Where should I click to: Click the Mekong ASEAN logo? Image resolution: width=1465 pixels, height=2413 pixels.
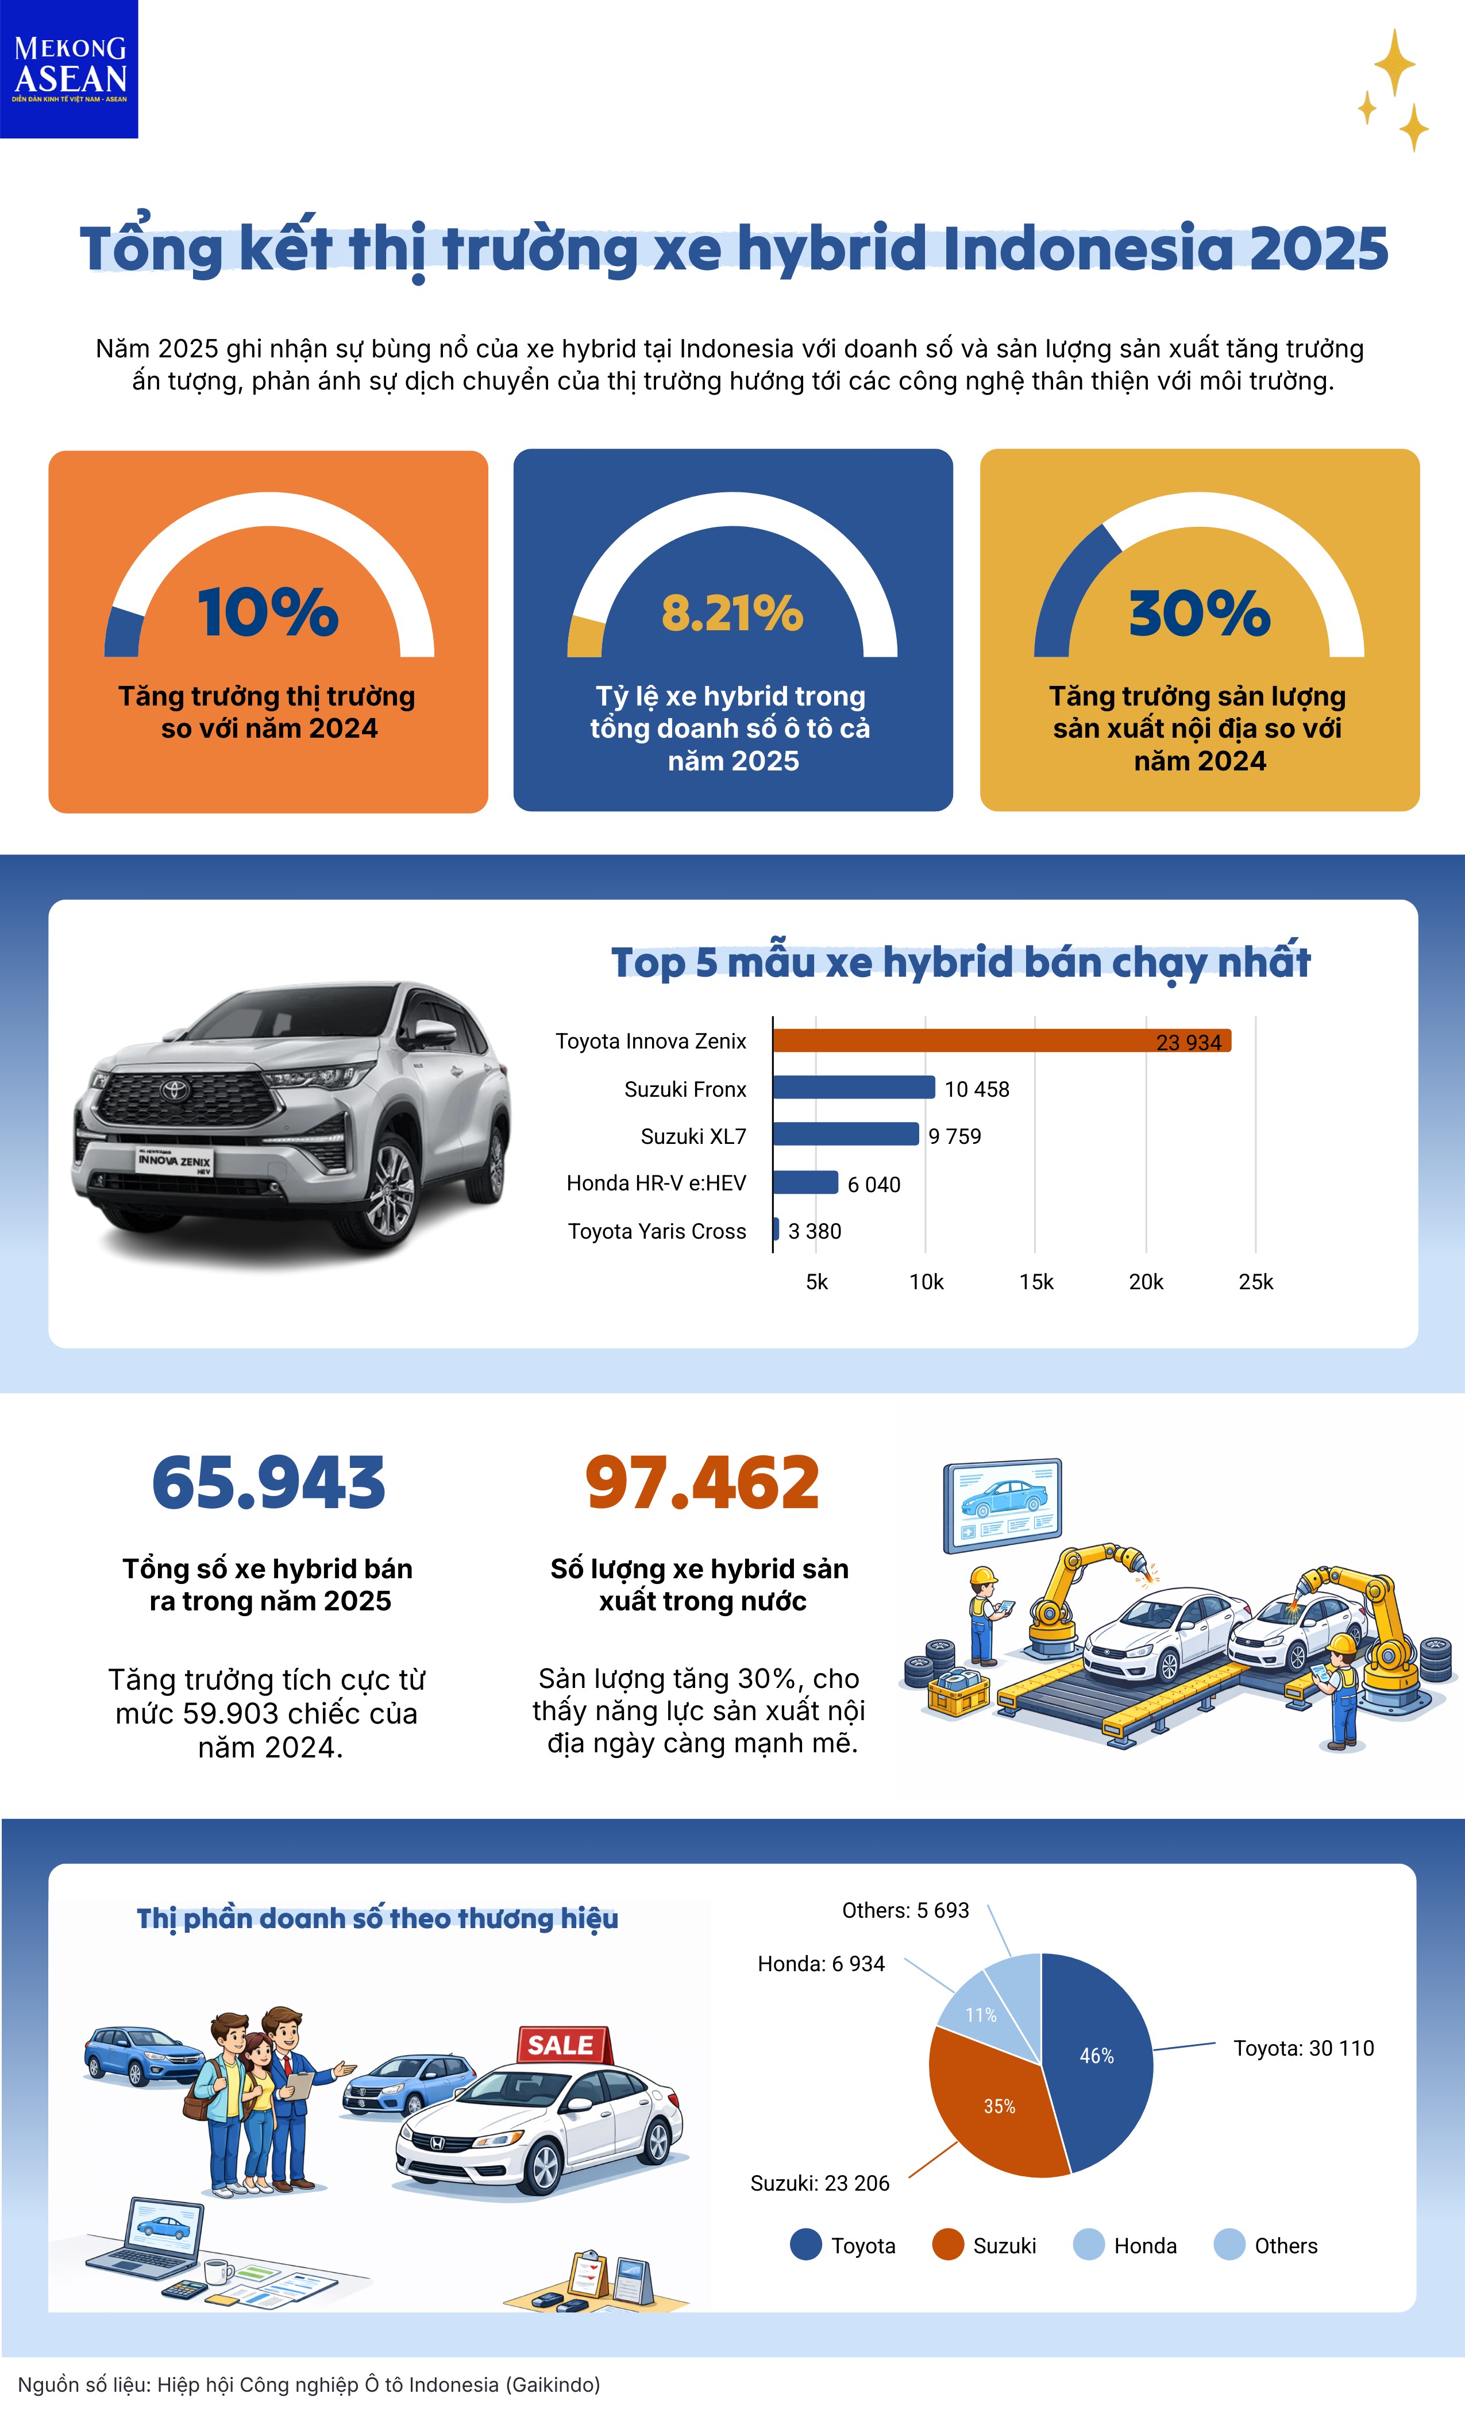coord(68,68)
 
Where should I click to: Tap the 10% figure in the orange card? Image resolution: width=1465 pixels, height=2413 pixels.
coord(268,613)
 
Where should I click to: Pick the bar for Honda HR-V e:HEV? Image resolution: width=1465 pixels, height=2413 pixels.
coord(805,1182)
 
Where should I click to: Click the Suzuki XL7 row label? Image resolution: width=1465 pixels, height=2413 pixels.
coord(693,1136)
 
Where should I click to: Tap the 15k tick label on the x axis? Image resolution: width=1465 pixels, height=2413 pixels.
coord(1036,1282)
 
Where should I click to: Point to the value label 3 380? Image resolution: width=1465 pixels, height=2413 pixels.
coord(815,1231)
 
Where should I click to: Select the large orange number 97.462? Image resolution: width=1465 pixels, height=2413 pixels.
coord(702,1483)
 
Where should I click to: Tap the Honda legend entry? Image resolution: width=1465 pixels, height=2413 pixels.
coord(1126,2246)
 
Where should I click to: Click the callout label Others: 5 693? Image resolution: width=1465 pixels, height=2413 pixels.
coord(905,1911)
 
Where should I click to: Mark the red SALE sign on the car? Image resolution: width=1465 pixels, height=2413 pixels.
coord(562,2045)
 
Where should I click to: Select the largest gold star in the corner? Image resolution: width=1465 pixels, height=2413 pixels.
coord(1394,63)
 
